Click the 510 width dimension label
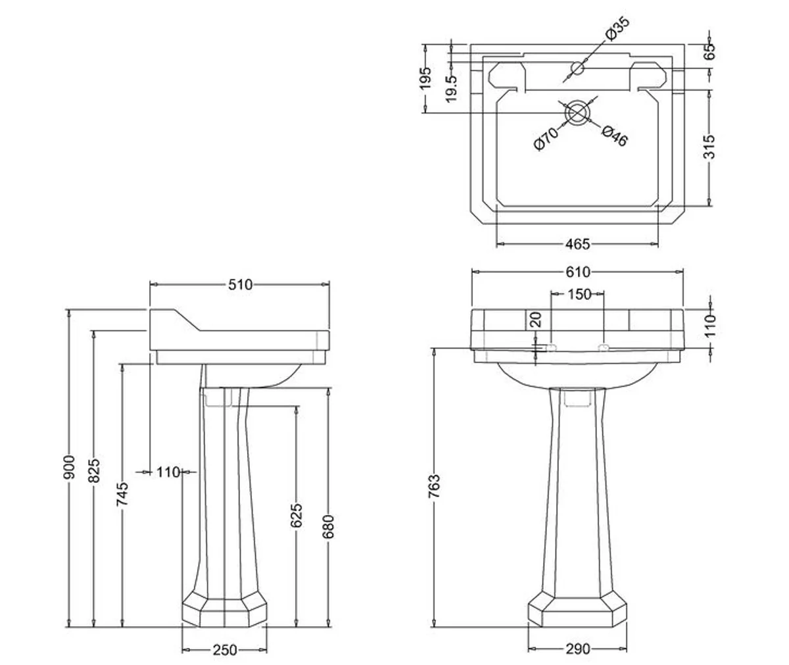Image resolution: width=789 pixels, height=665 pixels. coord(241,285)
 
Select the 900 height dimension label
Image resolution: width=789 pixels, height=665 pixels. coord(70,468)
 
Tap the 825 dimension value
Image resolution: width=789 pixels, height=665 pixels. coord(95,471)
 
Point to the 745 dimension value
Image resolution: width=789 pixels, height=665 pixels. coord(122,495)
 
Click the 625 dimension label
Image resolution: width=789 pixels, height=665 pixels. coord(297,515)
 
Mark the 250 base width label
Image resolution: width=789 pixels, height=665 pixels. coord(224,650)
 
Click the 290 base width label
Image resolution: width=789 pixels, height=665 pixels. coord(577,649)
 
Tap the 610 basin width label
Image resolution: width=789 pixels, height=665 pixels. coord(577,272)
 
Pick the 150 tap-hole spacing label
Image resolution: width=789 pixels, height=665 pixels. coord(579,294)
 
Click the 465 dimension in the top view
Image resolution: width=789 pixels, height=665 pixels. coord(577,244)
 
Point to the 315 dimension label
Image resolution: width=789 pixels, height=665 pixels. coord(709,147)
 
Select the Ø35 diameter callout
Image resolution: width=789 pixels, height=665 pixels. coord(616,30)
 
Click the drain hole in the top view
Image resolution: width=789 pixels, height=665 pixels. coord(577,112)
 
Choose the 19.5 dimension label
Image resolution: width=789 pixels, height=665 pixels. coord(452,87)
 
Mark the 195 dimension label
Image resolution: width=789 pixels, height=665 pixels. coord(426,78)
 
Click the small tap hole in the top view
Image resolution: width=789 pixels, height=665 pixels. coord(578,67)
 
